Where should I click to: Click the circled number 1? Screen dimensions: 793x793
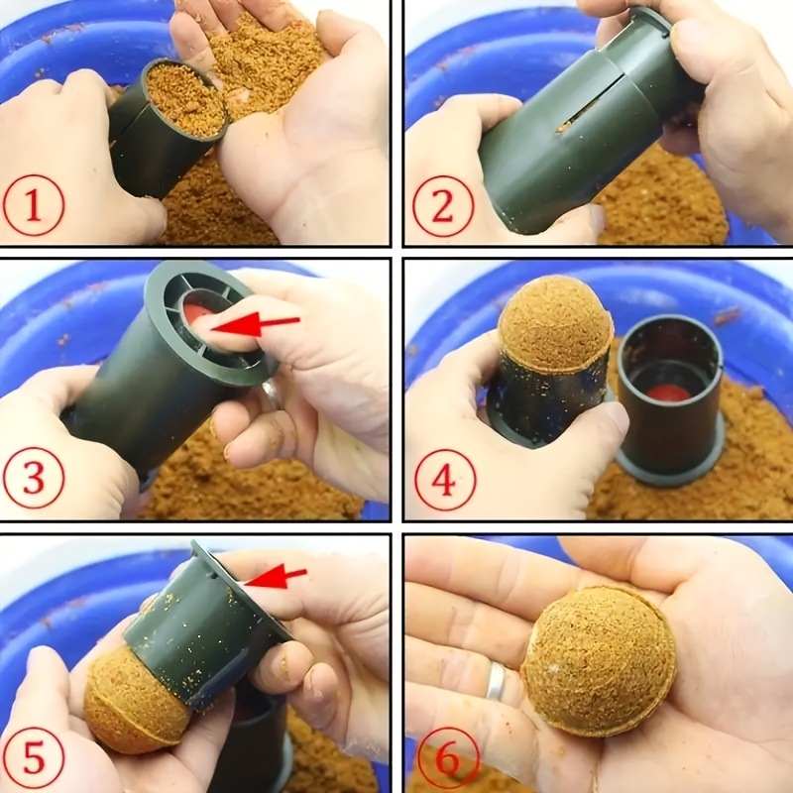tap(34, 205)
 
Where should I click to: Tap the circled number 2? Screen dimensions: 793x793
tap(443, 206)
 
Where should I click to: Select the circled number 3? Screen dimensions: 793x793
tap(34, 478)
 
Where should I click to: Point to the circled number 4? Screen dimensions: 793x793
tap(445, 480)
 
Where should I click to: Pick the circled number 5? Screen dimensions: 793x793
tap(34, 758)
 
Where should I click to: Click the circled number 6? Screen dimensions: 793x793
tap(449, 758)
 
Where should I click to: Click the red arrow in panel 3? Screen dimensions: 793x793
tap(256, 324)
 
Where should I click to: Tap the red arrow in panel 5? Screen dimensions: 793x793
tap(277, 577)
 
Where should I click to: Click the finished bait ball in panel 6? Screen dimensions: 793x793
tap(601, 661)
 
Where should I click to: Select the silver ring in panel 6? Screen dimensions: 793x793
tap(496, 681)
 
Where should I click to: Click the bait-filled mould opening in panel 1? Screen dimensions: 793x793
tap(185, 98)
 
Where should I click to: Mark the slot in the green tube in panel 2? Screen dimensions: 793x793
tap(587, 105)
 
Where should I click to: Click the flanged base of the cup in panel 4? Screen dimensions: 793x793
tap(671, 463)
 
